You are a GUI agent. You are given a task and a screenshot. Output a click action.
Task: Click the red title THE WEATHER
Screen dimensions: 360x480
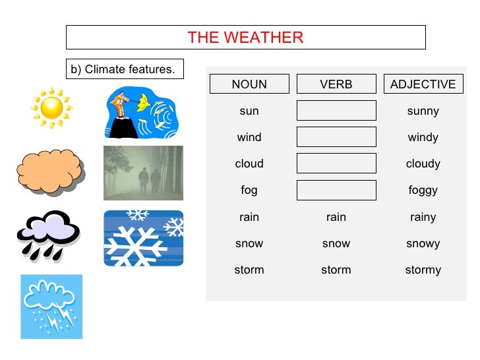pos(245,38)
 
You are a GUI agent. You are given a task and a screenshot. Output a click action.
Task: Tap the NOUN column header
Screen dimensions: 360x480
pos(249,84)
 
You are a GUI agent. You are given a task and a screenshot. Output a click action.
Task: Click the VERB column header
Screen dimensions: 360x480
pos(336,84)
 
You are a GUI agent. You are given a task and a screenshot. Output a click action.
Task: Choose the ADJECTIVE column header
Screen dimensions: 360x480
pos(423,84)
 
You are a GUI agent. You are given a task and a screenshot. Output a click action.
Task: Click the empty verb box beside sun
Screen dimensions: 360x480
pos(336,111)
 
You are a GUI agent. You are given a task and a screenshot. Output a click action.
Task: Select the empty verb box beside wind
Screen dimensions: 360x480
pos(336,137)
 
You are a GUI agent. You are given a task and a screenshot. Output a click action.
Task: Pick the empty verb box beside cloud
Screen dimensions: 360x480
pos(336,164)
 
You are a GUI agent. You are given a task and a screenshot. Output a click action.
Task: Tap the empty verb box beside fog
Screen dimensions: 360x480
pos(336,190)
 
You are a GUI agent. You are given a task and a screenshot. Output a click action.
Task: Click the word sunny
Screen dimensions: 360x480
pos(423,111)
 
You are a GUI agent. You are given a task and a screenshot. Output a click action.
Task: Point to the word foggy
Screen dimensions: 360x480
pos(423,191)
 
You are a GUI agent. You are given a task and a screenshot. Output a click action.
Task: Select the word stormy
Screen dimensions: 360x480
pos(423,270)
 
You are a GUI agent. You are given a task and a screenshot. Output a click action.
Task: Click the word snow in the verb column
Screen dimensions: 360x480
pos(336,243)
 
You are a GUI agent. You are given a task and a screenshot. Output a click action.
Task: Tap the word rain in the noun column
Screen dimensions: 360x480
pos(249,217)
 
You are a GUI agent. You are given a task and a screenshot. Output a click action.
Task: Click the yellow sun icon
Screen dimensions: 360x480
pos(51,107)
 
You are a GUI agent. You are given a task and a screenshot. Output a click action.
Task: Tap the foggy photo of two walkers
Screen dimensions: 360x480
pos(143,173)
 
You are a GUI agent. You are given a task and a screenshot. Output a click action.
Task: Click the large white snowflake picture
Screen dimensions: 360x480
pos(143,238)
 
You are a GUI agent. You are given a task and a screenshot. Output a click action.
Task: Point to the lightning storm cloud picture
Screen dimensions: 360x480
pos(51,306)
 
